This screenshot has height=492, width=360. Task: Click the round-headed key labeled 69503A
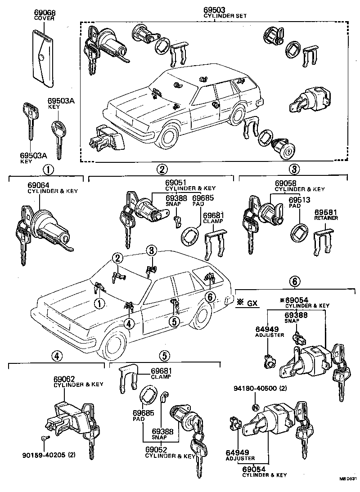tap(57, 133)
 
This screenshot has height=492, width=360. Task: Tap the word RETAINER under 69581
tap(326, 218)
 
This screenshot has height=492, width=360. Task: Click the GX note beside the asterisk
tap(252, 303)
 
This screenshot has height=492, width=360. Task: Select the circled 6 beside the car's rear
tap(209, 297)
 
